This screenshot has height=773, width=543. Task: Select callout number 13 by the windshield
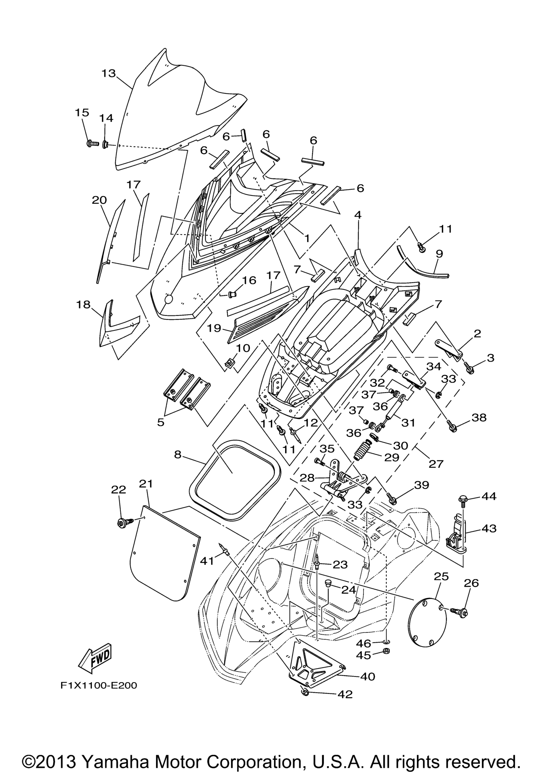[108, 73]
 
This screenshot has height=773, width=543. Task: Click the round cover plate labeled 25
[427, 622]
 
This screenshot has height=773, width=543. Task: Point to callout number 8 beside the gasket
[178, 455]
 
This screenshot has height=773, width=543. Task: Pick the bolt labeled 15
[91, 143]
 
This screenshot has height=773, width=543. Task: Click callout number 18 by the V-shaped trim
[83, 305]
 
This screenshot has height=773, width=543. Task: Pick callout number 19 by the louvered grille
[214, 328]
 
